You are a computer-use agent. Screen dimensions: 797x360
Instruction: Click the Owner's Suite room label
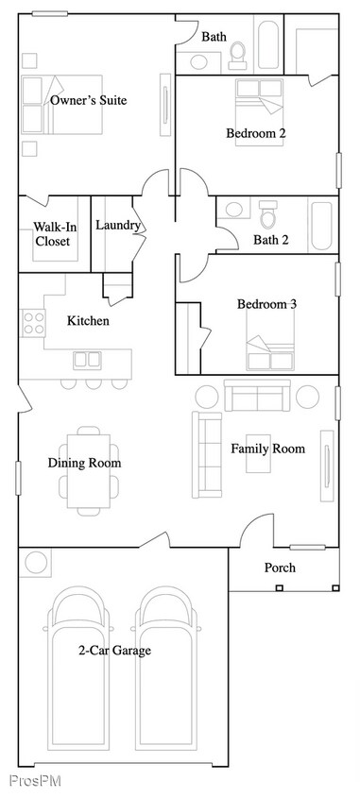[x=89, y=100]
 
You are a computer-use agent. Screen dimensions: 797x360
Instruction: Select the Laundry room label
[x=118, y=226]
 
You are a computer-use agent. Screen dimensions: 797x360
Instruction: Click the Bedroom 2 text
[x=255, y=133]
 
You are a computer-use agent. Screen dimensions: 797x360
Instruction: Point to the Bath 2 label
[x=271, y=240]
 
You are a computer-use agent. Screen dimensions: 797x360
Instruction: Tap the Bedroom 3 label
[x=266, y=304]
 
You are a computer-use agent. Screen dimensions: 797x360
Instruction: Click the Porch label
[x=279, y=568]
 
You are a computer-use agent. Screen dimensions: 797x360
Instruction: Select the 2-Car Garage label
[x=114, y=650]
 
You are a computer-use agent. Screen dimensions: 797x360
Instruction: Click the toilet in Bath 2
[x=268, y=216]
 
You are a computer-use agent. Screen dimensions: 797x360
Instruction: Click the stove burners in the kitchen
[x=34, y=323]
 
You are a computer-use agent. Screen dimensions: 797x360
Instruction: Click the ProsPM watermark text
[x=28, y=780]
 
